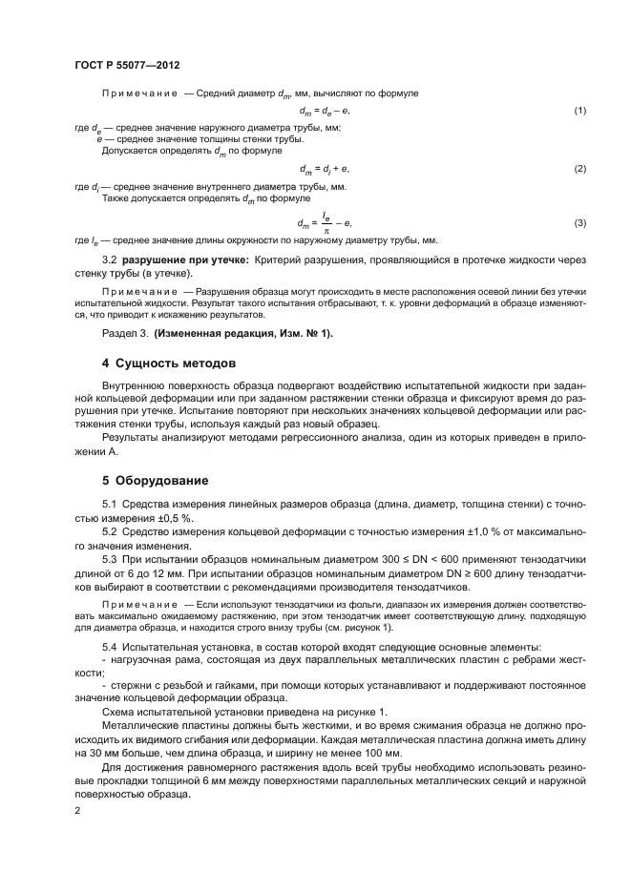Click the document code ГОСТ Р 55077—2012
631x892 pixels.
(127, 64)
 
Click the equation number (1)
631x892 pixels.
(578, 112)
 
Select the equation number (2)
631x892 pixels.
(578, 168)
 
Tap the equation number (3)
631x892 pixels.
(578, 222)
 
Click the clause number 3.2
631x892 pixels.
(110, 260)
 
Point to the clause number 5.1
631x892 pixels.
(110, 504)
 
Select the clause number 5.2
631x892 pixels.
(110, 530)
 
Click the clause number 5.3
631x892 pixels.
(110, 557)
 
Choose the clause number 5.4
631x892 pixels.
(110, 649)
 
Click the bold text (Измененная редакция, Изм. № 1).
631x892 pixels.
(252, 332)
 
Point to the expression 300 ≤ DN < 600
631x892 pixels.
(412, 557)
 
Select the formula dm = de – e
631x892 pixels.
(325, 112)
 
